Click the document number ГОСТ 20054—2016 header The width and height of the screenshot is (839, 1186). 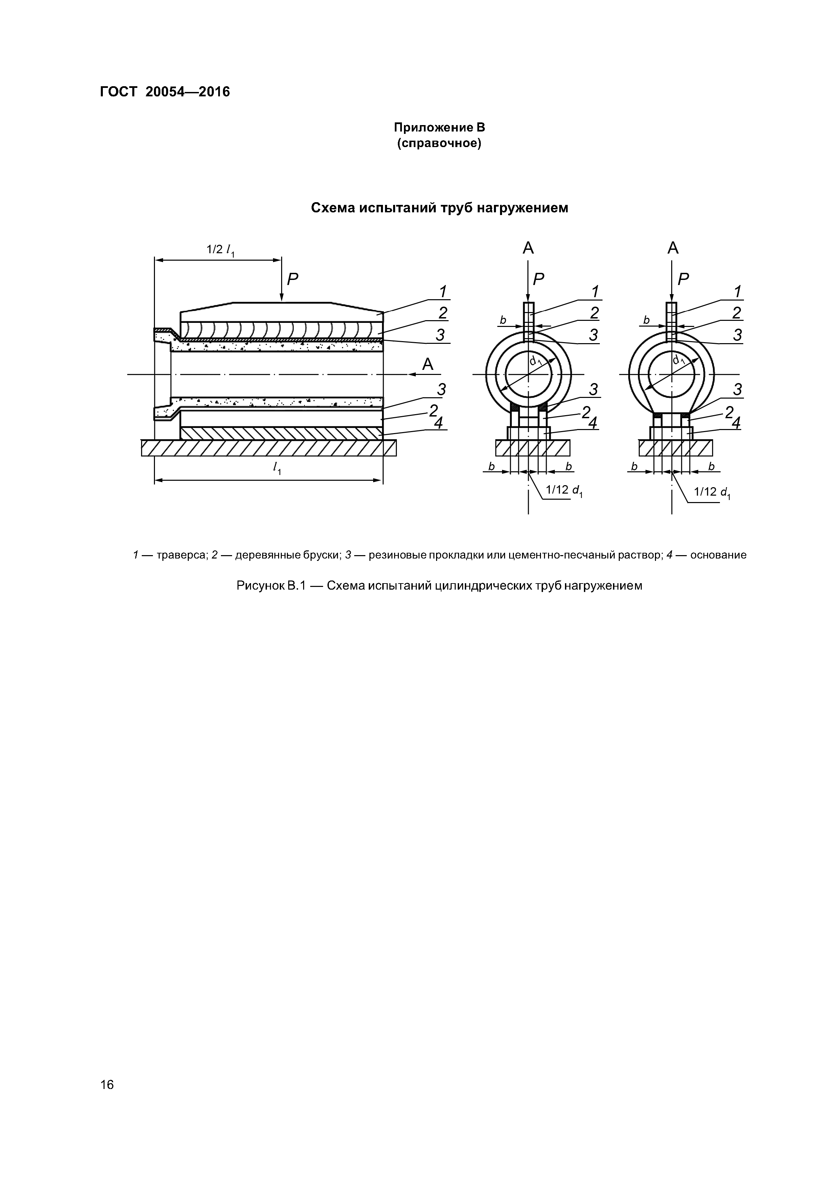(x=164, y=92)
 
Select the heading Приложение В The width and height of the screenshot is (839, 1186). (x=439, y=127)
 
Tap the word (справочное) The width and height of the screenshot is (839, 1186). (x=439, y=143)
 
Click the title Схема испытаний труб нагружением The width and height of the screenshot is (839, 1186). (x=439, y=208)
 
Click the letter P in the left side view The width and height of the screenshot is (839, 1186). (x=293, y=280)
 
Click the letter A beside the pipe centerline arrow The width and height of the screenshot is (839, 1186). (x=428, y=365)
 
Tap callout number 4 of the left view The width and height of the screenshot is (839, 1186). (x=438, y=423)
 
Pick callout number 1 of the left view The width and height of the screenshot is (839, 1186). (x=443, y=291)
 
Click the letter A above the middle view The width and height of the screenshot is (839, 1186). (x=528, y=248)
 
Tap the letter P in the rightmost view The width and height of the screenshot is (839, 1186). (x=683, y=280)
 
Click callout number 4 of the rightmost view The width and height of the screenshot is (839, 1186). (x=736, y=423)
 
